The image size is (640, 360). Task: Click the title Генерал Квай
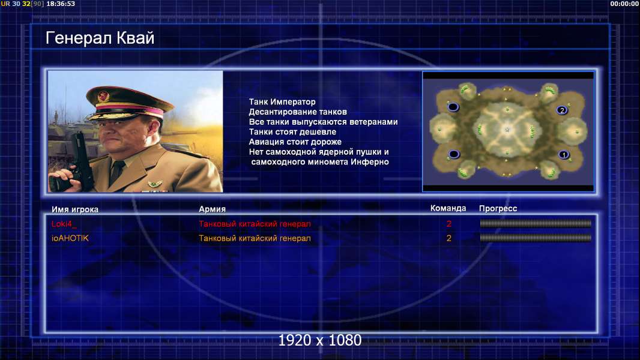click(x=100, y=38)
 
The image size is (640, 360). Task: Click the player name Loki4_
click(x=64, y=224)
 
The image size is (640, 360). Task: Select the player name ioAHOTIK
click(x=70, y=238)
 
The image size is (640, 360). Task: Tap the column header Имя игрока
click(x=74, y=209)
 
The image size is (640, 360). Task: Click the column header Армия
click(x=213, y=209)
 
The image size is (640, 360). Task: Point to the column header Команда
click(x=448, y=208)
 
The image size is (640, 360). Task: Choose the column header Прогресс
click(x=498, y=209)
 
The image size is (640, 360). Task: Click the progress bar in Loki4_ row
click(x=536, y=223)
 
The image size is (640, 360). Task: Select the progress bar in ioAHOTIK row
click(x=536, y=238)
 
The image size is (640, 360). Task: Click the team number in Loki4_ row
click(x=449, y=224)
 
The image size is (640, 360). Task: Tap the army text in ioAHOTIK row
click(x=255, y=238)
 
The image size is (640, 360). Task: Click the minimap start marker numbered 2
click(x=562, y=110)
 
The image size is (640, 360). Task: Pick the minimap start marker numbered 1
click(x=564, y=155)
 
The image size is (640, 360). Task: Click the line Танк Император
click(x=282, y=102)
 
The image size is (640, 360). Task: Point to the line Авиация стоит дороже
click(x=295, y=142)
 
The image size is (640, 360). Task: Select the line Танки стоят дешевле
click(x=292, y=131)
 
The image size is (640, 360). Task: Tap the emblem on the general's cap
click(x=103, y=96)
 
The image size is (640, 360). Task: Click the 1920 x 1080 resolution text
click(x=320, y=340)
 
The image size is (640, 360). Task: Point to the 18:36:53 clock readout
click(x=61, y=4)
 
